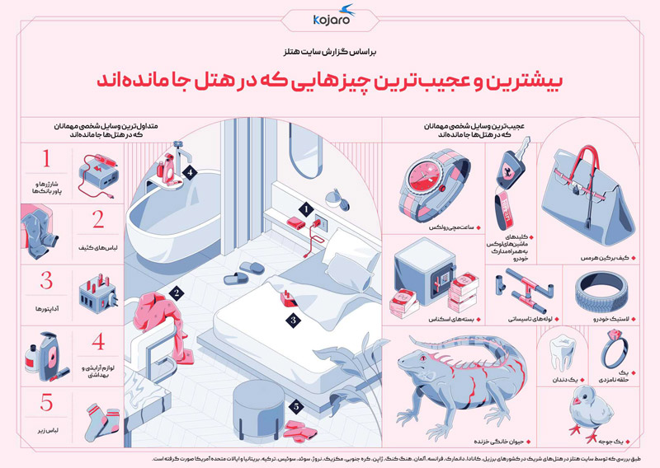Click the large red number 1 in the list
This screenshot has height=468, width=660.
[x=46, y=159]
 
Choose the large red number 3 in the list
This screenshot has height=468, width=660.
[x=46, y=282]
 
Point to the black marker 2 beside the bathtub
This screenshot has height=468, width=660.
[x=176, y=292]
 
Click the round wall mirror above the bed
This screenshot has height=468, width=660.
[x=337, y=197]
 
